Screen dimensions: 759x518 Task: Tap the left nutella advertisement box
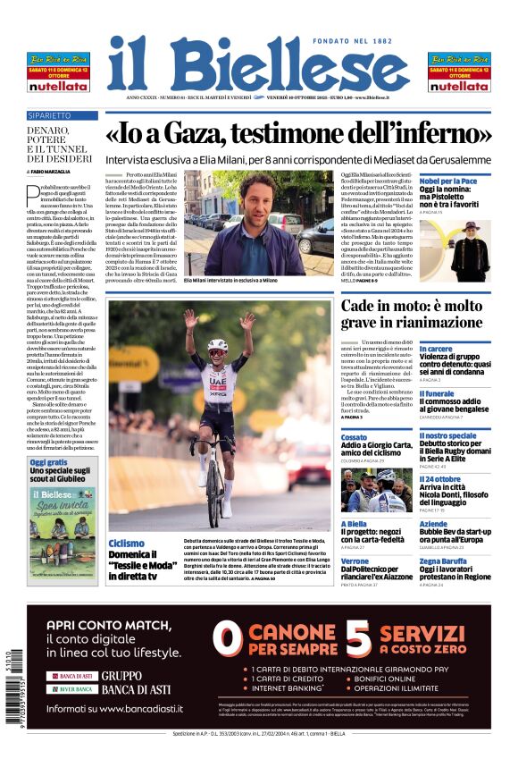click(x=58, y=72)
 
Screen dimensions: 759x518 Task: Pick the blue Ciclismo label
click(x=126, y=543)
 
